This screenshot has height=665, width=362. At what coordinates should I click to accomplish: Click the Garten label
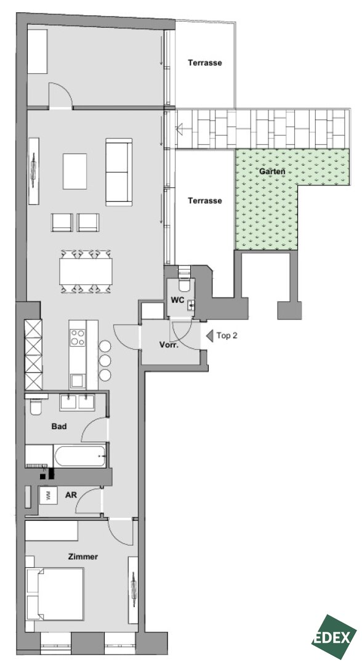(x=271, y=172)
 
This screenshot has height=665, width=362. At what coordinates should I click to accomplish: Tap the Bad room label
(x=59, y=426)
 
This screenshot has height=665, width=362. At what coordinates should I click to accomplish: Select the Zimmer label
(x=83, y=557)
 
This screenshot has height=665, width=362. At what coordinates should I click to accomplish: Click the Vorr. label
(x=169, y=345)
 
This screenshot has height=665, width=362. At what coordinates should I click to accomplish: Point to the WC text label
(x=177, y=300)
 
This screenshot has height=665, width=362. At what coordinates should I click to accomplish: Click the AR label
(x=71, y=495)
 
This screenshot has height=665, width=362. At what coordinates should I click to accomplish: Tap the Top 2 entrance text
(x=227, y=336)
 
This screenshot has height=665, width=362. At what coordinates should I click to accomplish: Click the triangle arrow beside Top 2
(x=209, y=336)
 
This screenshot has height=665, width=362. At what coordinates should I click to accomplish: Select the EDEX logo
(x=334, y=637)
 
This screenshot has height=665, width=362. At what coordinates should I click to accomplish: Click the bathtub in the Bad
(x=80, y=456)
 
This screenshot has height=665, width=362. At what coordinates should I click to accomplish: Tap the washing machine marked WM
(x=48, y=495)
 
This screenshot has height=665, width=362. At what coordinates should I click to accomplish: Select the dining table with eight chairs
(x=86, y=272)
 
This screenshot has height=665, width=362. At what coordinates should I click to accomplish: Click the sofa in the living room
(x=119, y=172)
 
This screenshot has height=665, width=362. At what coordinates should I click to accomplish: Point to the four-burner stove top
(x=78, y=337)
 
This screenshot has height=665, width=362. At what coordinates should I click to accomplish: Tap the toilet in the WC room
(x=185, y=283)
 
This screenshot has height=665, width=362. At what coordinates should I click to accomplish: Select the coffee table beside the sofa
(x=74, y=171)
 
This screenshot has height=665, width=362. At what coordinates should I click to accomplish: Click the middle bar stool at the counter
(x=105, y=360)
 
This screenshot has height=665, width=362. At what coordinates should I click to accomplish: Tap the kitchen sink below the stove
(x=78, y=381)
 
